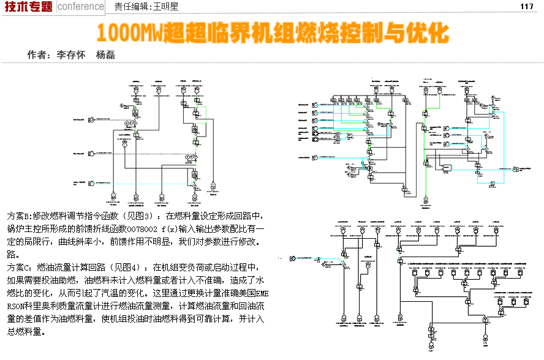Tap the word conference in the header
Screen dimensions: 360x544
tap(81, 7)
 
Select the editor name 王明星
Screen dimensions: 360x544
tap(165, 7)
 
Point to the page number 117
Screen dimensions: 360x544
tap(527, 7)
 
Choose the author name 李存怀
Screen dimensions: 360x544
tap(70, 54)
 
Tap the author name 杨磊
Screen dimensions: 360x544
tap(105, 54)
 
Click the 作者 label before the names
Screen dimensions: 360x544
tap(37, 54)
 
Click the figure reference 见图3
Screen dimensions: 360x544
tap(139, 217)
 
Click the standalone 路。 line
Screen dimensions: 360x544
tap(13, 254)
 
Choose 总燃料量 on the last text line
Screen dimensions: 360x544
tap(26, 331)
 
